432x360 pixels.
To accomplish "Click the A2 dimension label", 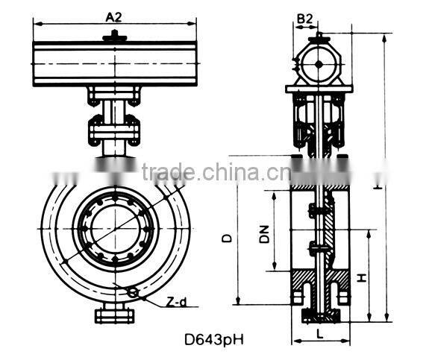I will coord(113,16).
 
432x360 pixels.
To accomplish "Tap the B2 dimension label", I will coord(305,16).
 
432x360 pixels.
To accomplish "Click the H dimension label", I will coord(361,277).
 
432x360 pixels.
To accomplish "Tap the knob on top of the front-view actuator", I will coord(113,36).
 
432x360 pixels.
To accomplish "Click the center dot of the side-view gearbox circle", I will coord(318,64).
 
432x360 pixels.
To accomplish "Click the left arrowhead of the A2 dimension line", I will coord(36,23).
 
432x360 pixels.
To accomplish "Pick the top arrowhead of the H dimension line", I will coord(369,232).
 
